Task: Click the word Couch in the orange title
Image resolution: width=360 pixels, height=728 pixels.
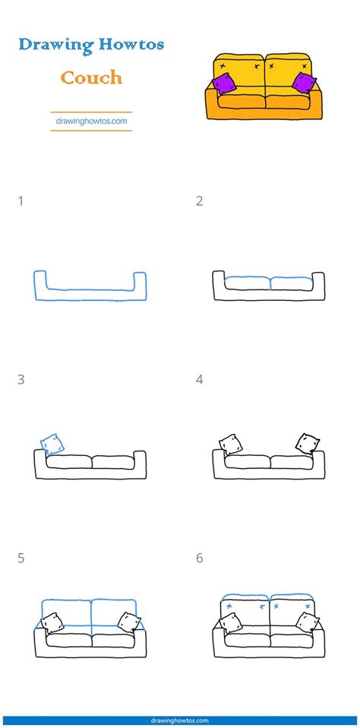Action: click(91, 78)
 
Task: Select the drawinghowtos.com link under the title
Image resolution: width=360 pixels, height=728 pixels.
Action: click(91, 120)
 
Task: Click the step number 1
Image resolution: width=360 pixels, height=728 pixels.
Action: click(21, 201)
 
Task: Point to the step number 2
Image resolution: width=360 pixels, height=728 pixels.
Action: click(199, 201)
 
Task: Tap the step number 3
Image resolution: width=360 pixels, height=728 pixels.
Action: click(21, 379)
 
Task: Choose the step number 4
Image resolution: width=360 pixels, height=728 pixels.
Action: click(199, 379)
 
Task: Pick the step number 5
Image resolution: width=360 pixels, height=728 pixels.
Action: click(21, 559)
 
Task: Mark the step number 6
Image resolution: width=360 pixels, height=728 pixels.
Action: click(199, 559)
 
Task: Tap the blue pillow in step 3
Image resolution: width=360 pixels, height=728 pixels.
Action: click(52, 443)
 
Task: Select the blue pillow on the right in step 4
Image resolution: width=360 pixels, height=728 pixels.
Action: click(306, 443)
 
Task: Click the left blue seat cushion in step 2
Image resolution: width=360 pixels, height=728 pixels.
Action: click(246, 283)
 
